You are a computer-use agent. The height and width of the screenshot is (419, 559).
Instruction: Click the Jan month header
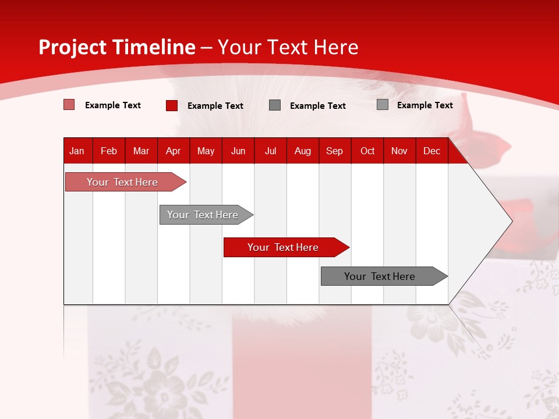click(77, 151)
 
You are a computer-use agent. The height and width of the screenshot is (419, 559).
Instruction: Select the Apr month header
click(174, 151)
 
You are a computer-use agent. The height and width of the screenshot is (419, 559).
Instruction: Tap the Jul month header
click(271, 151)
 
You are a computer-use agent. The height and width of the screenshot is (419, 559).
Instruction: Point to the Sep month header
click(335, 151)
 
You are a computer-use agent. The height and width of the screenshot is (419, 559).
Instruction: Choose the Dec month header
click(432, 151)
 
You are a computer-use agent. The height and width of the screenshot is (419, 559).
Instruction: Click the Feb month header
click(109, 151)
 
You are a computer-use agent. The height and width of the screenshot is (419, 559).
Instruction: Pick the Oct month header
click(367, 151)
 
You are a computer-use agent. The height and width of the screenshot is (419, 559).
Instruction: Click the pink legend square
click(69, 105)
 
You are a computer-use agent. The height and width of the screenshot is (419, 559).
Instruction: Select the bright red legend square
click(172, 105)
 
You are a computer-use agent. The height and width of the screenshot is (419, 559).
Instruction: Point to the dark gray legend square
click(275, 105)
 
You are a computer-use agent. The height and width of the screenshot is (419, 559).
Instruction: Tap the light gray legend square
click(383, 105)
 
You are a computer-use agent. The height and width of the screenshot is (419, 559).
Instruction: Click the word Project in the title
click(73, 47)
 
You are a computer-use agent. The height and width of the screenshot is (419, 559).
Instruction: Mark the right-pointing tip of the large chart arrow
click(511, 221)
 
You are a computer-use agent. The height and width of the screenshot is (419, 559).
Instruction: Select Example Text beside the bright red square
click(215, 106)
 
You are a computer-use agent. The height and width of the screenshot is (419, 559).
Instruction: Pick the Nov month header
click(399, 151)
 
